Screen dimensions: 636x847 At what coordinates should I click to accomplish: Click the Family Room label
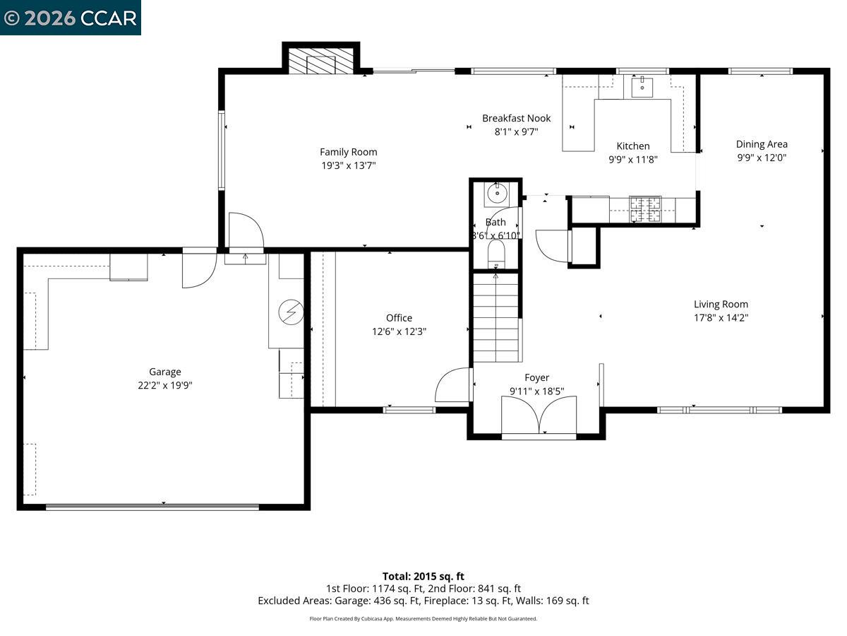coord(348,152)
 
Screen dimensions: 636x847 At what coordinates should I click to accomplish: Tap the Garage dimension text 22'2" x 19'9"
coord(164,385)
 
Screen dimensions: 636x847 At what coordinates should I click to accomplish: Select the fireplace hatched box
coord(321,60)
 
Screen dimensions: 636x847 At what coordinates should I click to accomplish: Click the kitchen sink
coord(642,87)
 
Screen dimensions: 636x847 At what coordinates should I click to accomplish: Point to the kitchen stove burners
coord(645,208)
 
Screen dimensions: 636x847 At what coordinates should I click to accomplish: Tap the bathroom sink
coord(498,192)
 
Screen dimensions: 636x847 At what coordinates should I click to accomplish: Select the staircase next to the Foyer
coord(496,318)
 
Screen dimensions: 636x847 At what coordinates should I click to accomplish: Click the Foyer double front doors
coord(539,416)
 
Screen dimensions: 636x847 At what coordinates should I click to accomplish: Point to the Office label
coord(399,318)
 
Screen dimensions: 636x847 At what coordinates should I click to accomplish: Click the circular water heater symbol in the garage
coord(290,312)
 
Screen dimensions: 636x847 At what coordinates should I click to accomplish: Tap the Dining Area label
coord(762,144)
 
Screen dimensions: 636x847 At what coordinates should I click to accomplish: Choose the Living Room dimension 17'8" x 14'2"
coord(721,318)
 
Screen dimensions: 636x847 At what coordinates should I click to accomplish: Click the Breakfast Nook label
coord(516,118)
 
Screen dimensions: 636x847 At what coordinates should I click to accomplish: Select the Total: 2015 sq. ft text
coord(423,576)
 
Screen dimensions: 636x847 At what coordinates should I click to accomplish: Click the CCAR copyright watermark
coord(70,18)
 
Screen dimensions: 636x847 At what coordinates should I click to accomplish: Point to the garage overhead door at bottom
coord(152,506)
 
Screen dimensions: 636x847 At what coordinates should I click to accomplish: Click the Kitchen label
coord(633,146)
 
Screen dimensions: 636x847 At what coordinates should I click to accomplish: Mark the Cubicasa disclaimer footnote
coord(423,618)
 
